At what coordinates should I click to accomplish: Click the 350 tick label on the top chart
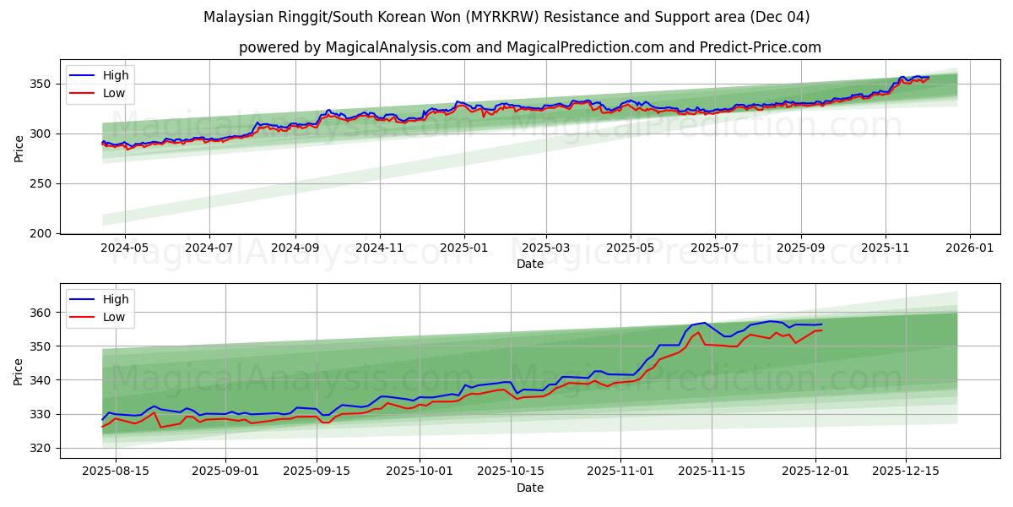[x=42, y=84]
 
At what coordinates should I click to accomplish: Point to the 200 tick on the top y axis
[x=42, y=233]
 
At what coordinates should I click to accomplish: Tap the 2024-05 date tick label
[x=124, y=248]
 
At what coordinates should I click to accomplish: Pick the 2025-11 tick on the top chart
[x=886, y=248]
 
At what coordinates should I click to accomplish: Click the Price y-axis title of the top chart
[x=19, y=149]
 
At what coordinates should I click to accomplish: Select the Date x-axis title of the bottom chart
[x=529, y=488]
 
